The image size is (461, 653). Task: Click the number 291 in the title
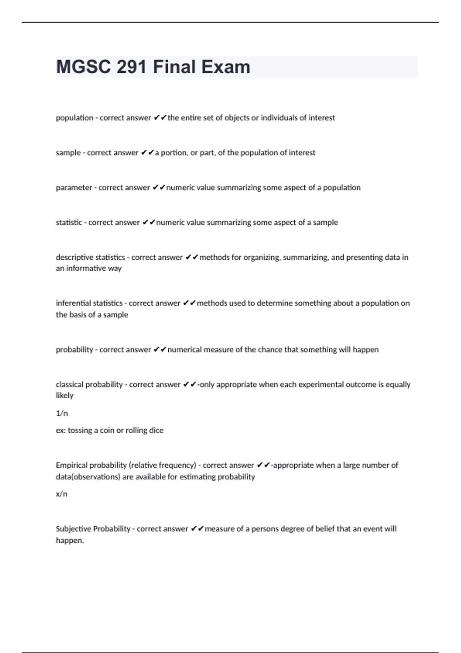pyautogui.click(x=132, y=67)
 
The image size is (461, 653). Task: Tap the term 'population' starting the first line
pyautogui.click(x=75, y=118)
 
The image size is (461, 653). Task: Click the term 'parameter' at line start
pyautogui.click(x=74, y=188)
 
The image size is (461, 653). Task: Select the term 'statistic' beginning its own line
pyautogui.click(x=69, y=222)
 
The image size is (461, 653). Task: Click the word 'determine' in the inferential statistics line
pyautogui.click(x=274, y=303)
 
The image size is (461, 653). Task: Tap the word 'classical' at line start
pyautogui.click(x=69, y=385)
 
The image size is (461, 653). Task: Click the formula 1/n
pyautogui.click(x=62, y=413)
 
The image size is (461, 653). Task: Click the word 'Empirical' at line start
pyautogui.click(x=72, y=465)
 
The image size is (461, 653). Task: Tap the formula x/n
pyautogui.click(x=61, y=494)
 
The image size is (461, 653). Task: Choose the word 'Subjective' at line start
pyautogui.click(x=73, y=529)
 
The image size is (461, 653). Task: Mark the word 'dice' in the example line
pyautogui.click(x=156, y=430)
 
